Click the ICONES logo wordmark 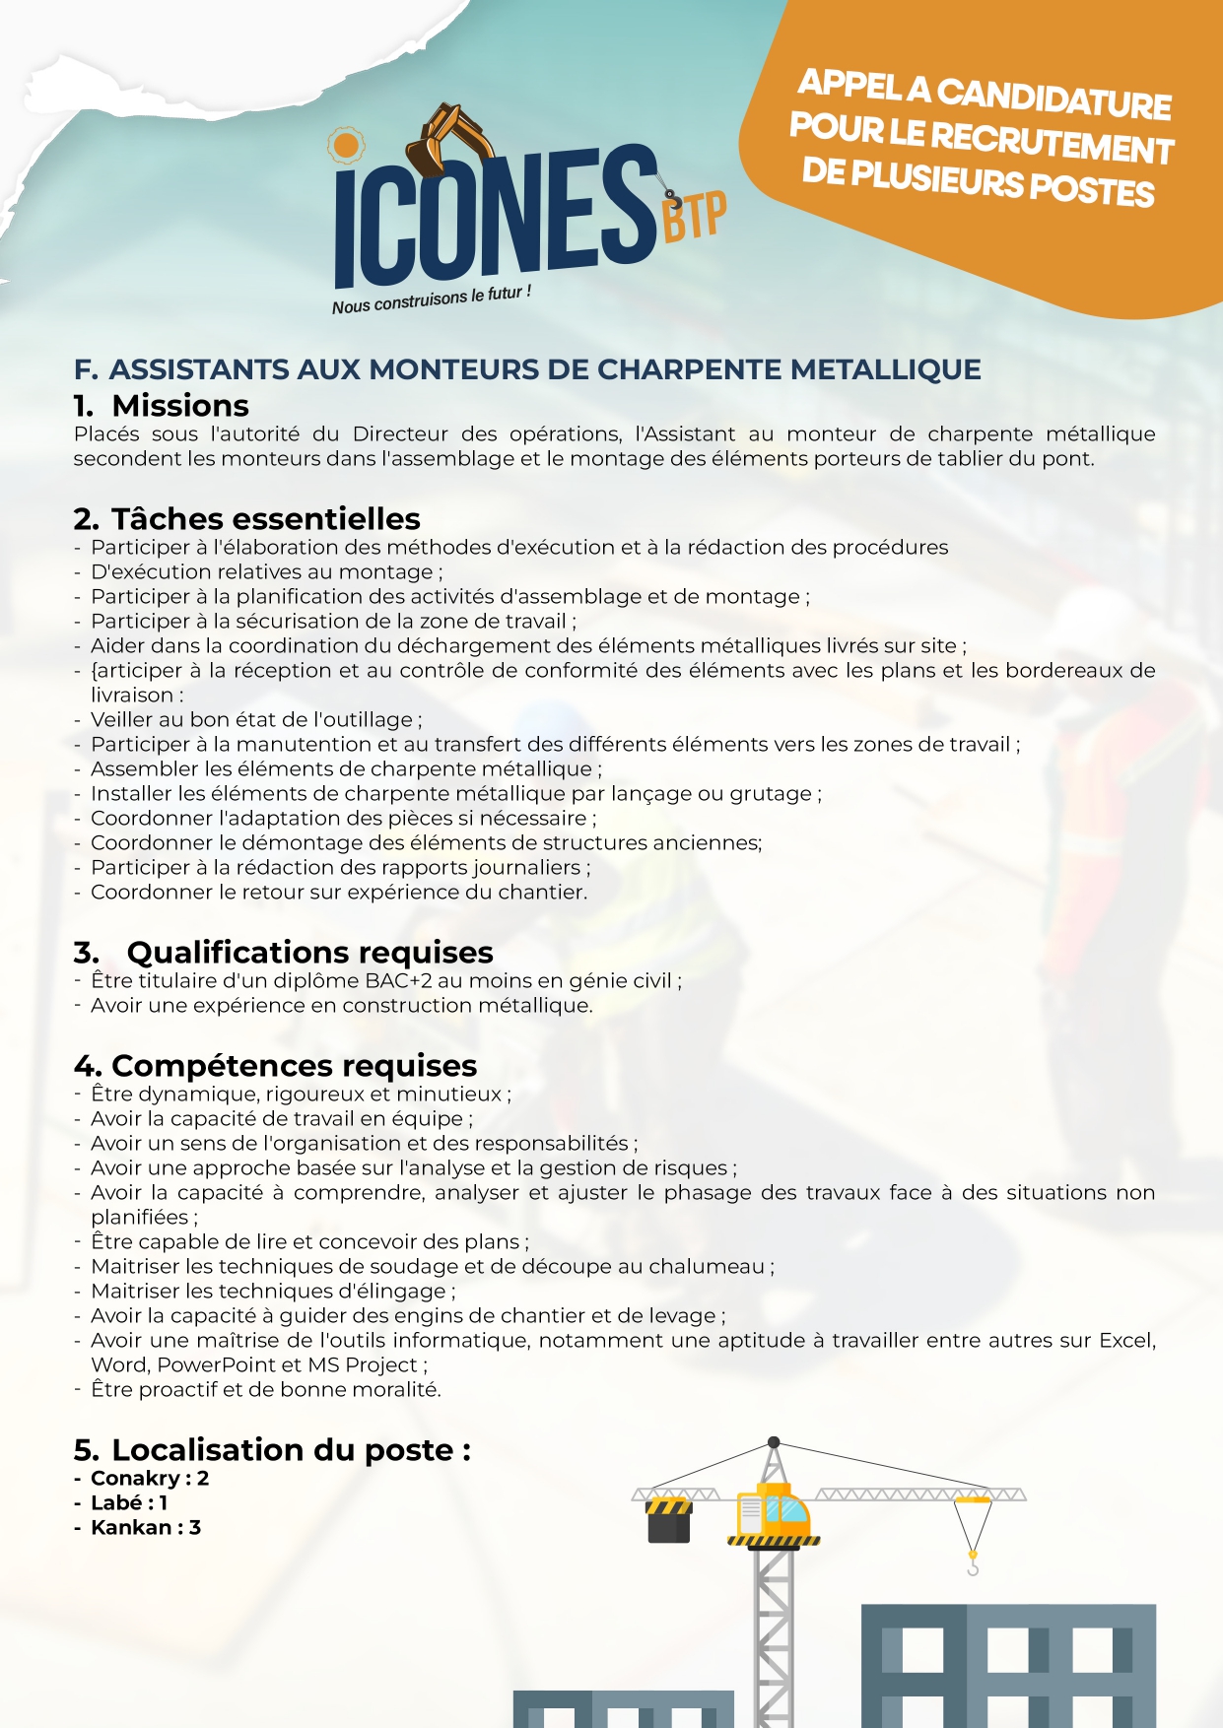(493, 217)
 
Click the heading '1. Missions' (162, 406)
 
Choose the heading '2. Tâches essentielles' (246, 519)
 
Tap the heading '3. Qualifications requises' (283, 953)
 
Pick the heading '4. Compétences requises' (275, 1066)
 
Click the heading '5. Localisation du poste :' (272, 1450)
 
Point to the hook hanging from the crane (973, 1564)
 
